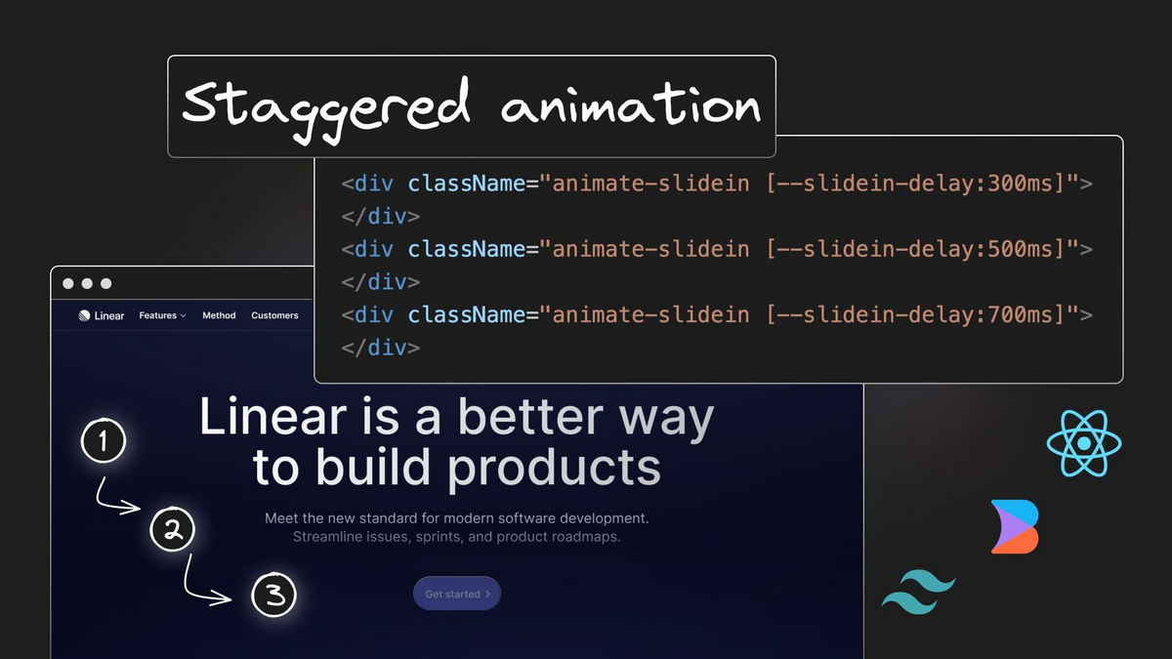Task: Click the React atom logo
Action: pos(1084,443)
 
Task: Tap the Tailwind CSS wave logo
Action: pos(919,592)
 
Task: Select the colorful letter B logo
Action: pos(1015,526)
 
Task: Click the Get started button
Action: pos(457,594)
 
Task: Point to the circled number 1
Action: pos(104,440)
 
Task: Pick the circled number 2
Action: pos(172,529)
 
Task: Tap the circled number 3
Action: pos(273,595)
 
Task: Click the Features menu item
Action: pos(162,315)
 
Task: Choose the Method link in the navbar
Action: pos(219,315)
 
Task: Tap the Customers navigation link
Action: pos(274,315)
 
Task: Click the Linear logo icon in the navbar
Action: pos(84,315)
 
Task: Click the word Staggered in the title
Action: pos(325,108)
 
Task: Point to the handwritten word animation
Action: pos(631,104)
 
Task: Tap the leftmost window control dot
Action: pos(68,283)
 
